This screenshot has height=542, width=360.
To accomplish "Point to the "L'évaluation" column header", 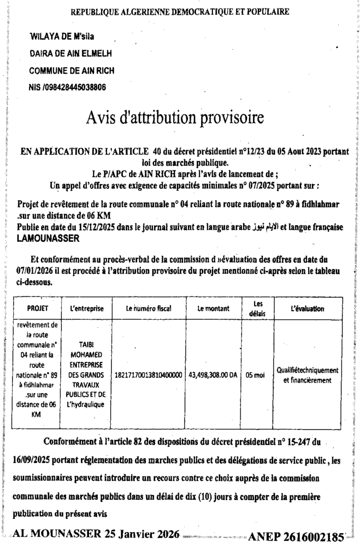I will point(308,308).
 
